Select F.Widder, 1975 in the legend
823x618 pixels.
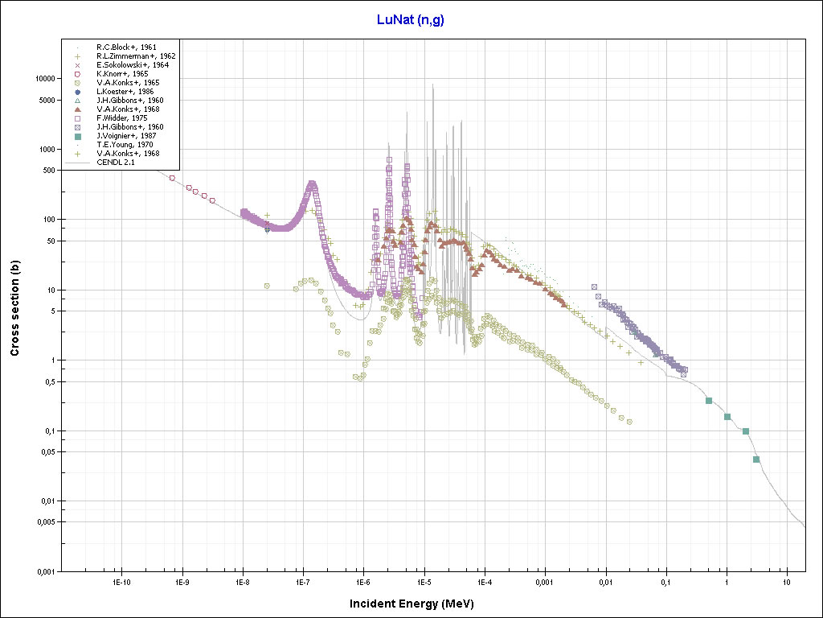tap(121, 118)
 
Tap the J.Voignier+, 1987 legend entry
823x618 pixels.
tap(125, 136)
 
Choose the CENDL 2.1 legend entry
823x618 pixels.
tap(116, 163)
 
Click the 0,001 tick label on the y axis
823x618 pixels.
tap(43, 572)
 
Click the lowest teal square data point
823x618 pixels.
tap(756, 459)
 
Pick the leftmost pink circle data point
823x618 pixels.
tap(172, 178)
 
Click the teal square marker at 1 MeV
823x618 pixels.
tap(727, 417)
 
